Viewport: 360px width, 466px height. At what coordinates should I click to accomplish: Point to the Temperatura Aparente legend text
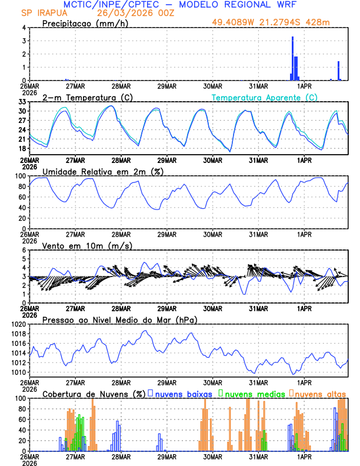click(265, 97)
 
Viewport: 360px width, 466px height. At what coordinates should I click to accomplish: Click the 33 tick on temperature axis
click(21, 102)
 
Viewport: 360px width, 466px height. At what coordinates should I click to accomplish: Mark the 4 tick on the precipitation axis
click(24, 28)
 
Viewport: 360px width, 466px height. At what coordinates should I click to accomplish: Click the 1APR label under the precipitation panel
click(304, 85)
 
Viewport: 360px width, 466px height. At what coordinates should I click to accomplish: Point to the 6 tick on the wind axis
click(24, 250)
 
